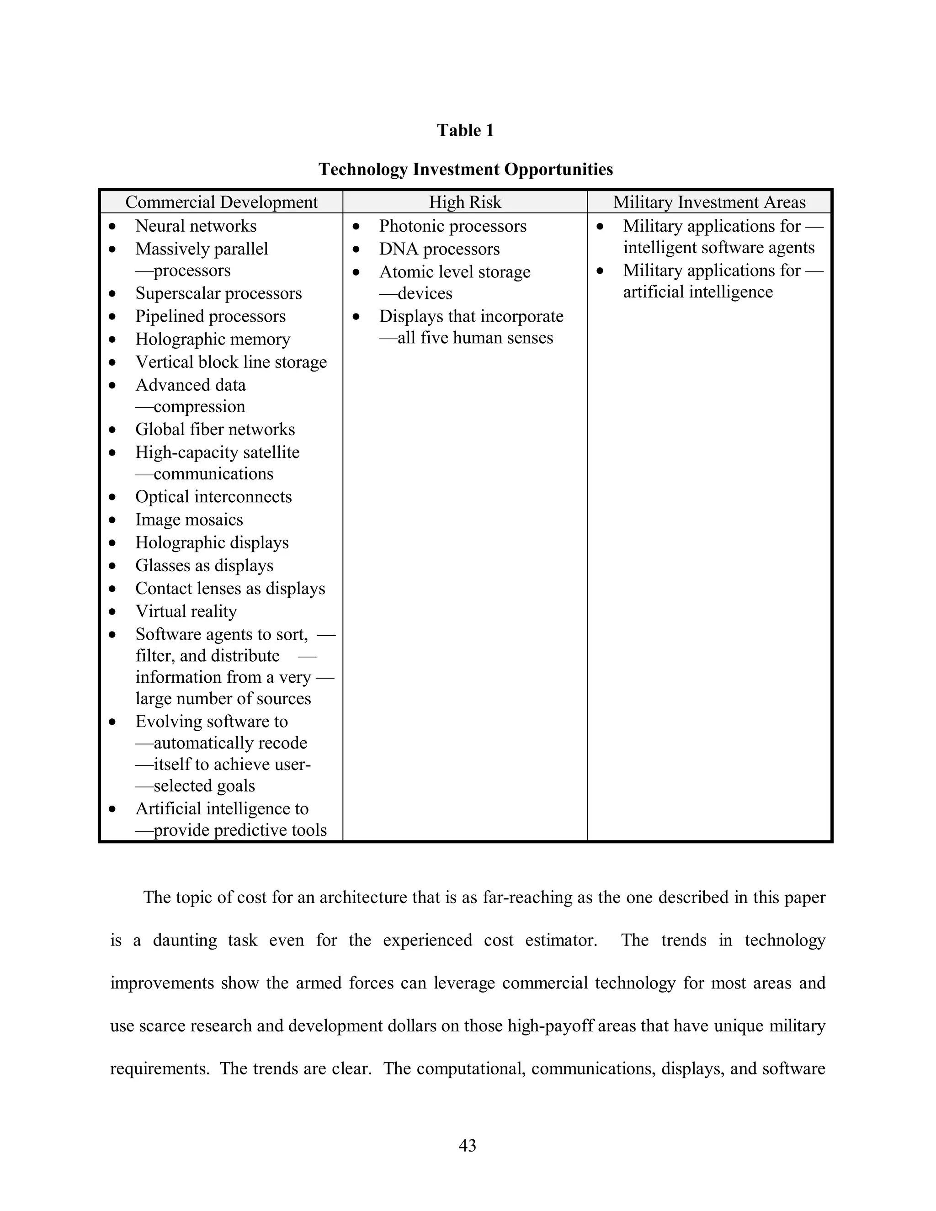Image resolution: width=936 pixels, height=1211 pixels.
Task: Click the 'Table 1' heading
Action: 465,130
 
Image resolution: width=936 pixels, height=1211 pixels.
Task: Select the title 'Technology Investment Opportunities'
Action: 465,169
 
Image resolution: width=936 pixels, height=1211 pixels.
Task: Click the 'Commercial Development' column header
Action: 221,202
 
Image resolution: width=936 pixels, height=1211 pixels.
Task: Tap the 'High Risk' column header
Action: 465,202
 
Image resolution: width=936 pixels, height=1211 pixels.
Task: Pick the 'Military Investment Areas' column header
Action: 709,202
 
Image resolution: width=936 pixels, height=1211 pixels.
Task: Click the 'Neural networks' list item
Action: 196,226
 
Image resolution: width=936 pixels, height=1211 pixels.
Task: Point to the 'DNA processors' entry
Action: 439,249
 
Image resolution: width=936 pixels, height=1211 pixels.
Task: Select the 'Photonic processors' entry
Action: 452,226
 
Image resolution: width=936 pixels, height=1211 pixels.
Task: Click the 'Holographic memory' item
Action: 213,340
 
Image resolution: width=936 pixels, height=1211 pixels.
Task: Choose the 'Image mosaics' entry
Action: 189,520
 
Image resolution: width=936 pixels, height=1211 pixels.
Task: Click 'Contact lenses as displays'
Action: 230,589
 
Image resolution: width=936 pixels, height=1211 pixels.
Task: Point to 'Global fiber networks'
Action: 215,430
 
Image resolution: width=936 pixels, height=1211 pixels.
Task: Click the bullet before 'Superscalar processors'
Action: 112,293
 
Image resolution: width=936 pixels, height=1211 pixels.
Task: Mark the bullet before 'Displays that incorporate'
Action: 356,317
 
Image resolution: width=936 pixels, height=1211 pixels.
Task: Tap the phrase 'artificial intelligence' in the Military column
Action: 697,292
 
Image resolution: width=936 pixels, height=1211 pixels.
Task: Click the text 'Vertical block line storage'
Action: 231,362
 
